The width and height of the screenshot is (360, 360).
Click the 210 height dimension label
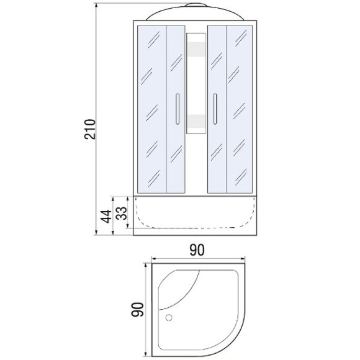89,129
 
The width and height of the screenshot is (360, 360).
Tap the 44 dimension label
107,216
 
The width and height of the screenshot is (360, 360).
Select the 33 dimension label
122,213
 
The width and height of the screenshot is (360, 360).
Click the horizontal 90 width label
197,250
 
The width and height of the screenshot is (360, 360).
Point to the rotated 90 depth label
137,309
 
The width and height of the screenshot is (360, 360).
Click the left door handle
178,109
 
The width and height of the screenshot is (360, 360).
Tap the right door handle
215,109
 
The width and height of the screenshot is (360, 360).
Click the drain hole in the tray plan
169,318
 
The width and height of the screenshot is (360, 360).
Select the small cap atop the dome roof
196,5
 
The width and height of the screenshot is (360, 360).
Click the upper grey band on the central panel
196,49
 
